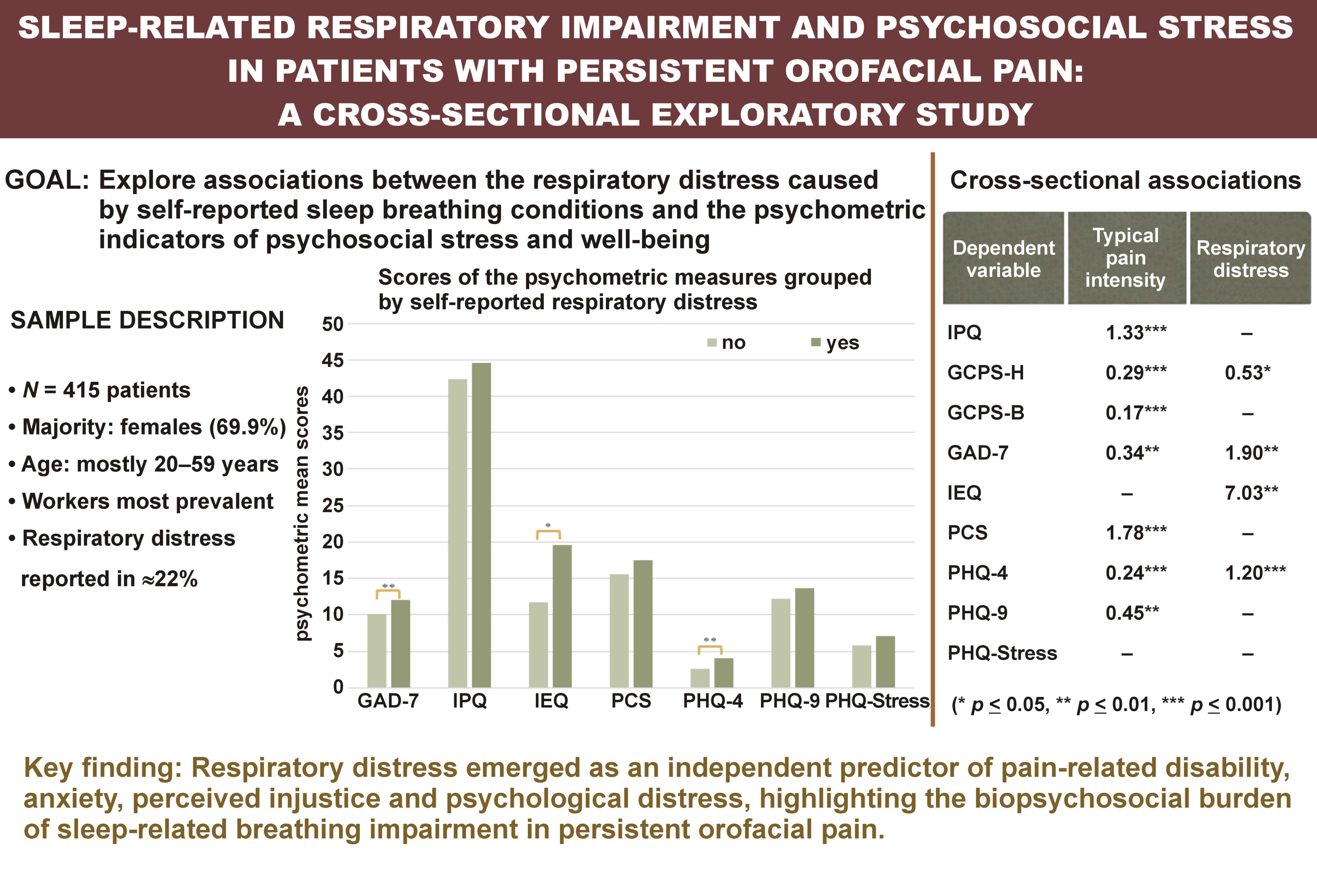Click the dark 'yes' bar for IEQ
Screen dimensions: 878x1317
coord(562,616)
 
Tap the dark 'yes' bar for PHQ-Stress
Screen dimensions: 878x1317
coord(885,662)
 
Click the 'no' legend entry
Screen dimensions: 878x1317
coord(727,343)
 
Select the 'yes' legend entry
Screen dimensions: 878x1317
coord(835,343)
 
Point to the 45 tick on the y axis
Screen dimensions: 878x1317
coord(333,361)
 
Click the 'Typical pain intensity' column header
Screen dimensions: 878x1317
coord(1126,258)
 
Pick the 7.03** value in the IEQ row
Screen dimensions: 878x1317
coord(1251,493)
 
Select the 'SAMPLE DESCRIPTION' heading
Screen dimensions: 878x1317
coord(147,320)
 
